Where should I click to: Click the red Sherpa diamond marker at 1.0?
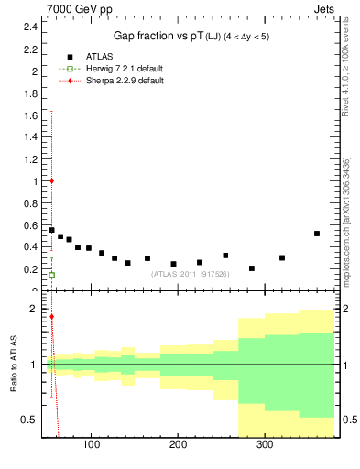point(51,180)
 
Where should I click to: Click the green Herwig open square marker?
point(51,275)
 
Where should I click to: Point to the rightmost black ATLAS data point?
point(317,234)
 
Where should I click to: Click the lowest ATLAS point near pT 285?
point(252,268)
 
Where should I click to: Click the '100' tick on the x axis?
point(91,445)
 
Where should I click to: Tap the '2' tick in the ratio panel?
point(33,310)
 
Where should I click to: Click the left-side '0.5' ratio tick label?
point(28,420)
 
